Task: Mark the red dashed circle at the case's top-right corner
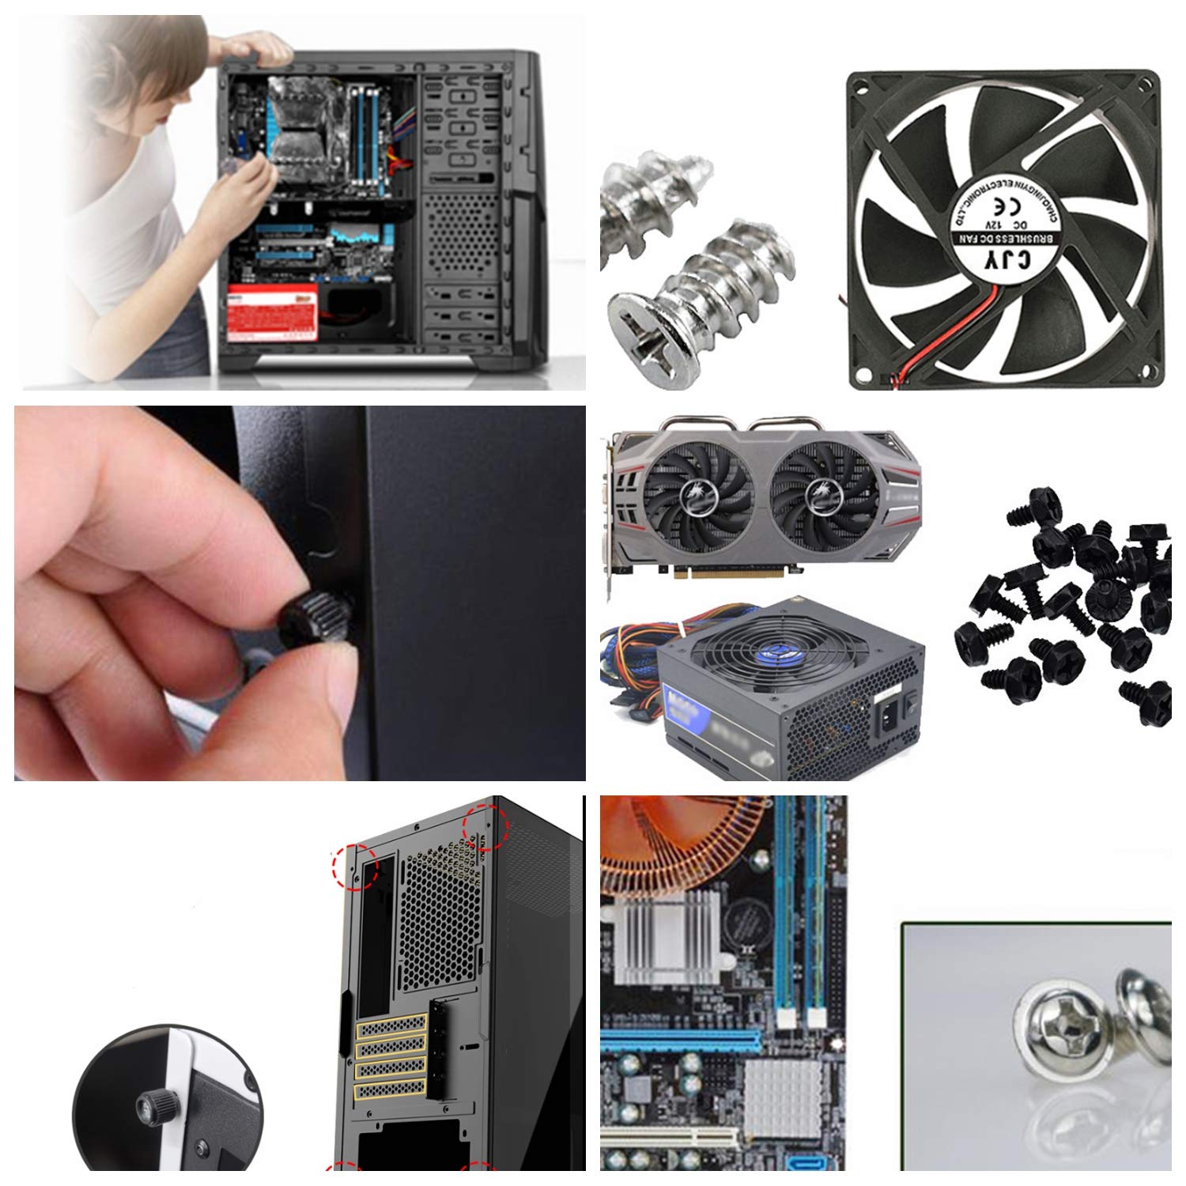(x=484, y=828)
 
